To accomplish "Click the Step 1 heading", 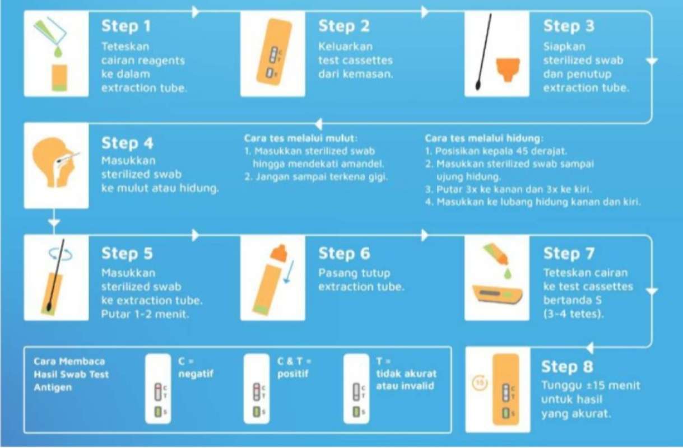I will click(126, 26).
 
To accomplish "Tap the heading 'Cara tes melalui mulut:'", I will click(300, 138).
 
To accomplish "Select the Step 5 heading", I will click(126, 254).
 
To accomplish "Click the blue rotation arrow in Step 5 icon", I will click(56, 253).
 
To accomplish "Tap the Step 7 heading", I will click(569, 254).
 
